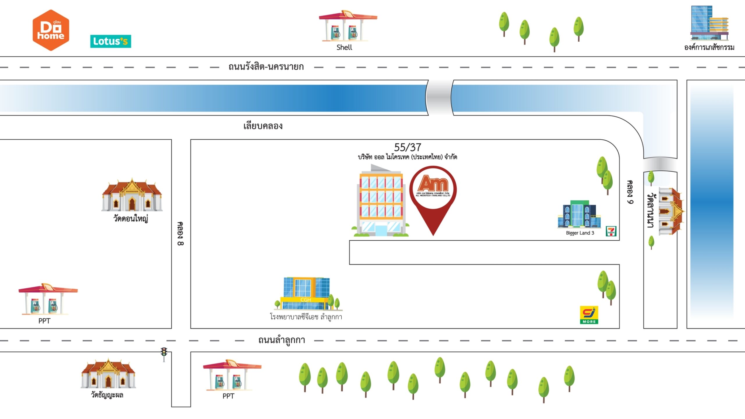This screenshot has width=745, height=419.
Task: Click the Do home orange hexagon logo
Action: (x=51, y=30)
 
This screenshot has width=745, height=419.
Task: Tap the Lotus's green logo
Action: (x=111, y=41)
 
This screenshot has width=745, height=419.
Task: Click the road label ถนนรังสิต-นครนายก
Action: (x=266, y=67)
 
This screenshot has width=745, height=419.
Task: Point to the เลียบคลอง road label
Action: (x=263, y=126)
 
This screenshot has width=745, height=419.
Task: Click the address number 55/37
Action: (x=407, y=148)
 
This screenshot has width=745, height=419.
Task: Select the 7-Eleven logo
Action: (x=611, y=231)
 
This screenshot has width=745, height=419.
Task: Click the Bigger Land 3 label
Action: (x=580, y=233)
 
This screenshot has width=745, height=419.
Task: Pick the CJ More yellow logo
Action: (x=589, y=315)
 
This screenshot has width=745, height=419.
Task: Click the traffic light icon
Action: (x=164, y=354)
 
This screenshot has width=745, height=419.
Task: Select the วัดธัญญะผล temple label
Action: (x=107, y=395)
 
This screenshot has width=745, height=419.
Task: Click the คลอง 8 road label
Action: (x=180, y=234)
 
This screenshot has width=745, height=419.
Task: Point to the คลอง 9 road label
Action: (x=630, y=192)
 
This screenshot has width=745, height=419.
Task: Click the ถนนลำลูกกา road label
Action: (x=281, y=340)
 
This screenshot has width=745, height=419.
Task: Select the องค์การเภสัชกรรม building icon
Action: (x=709, y=23)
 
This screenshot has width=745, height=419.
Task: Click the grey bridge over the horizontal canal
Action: (x=440, y=97)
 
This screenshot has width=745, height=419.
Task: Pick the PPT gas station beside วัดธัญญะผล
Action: (x=232, y=375)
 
